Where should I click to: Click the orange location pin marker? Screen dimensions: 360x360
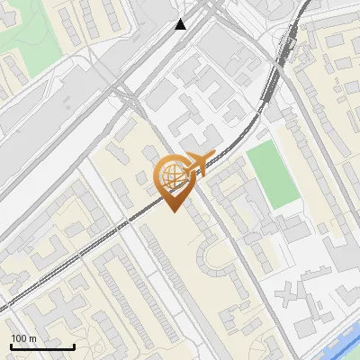[x=173, y=180]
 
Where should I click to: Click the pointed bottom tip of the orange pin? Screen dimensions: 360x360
[x=173, y=211]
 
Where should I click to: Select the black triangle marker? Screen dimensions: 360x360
[x=181, y=24]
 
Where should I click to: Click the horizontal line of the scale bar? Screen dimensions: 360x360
[x=41, y=347]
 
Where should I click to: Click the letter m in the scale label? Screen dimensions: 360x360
[x=33, y=338]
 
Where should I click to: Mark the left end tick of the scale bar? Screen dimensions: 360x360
[x=10, y=346]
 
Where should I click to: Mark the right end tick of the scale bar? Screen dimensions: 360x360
[x=73, y=346]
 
